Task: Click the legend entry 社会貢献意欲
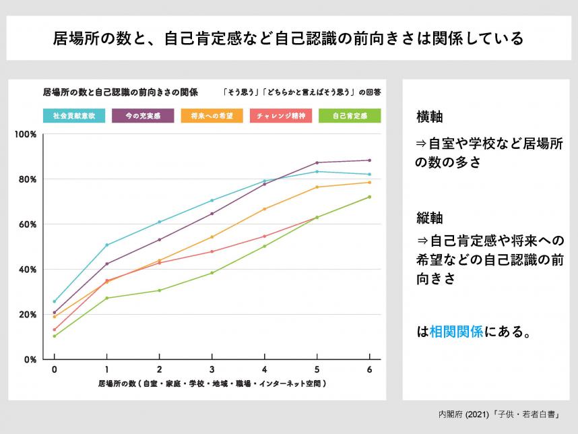pos(74,116)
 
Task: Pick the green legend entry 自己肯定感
pos(350,116)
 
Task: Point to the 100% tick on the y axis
pos(26,134)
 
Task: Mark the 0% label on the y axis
pos(30,360)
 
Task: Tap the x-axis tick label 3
pos(212,370)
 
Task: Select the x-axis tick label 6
pos(369,370)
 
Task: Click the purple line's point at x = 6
pos(369,160)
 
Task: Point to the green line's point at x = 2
pos(159,290)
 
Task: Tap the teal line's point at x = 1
pos(106,245)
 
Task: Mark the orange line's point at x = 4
pos(264,209)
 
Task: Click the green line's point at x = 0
pos(54,336)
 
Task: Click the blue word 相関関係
pos(456,332)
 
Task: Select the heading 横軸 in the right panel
pos(429,117)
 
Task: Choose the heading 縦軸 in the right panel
pos(429,218)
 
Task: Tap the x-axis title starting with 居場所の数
pos(212,383)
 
